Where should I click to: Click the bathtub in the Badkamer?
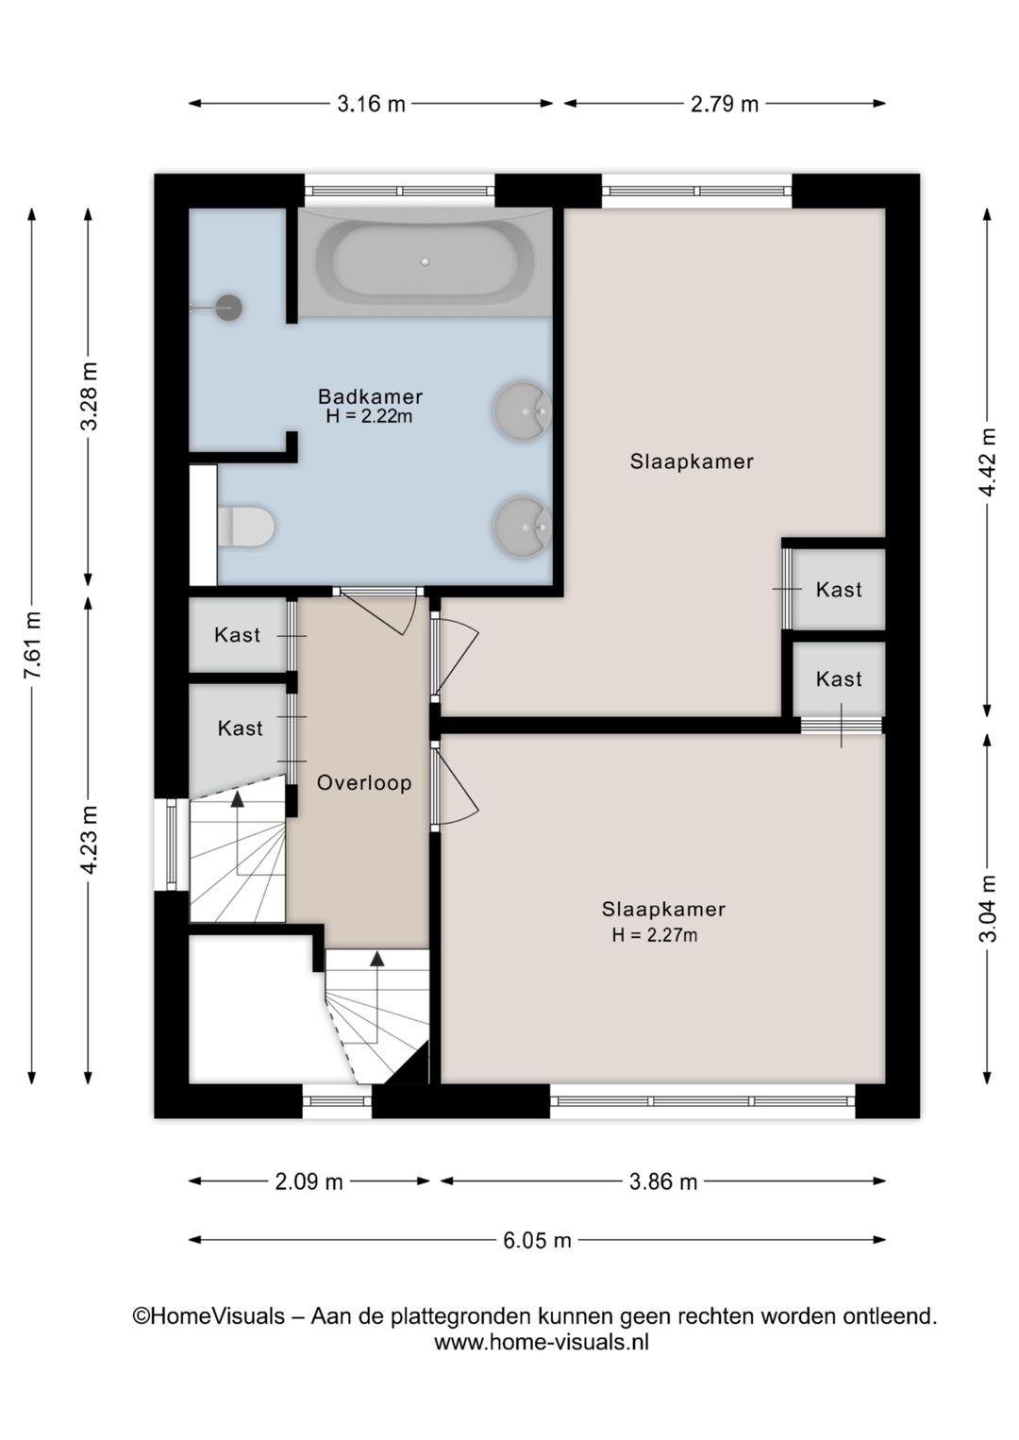click(425, 261)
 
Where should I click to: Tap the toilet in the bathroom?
click(245, 527)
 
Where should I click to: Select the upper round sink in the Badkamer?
click(522, 411)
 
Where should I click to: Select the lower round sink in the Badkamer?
click(522, 527)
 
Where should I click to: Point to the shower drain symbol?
click(227, 308)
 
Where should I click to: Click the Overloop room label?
click(364, 783)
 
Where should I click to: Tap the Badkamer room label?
click(370, 396)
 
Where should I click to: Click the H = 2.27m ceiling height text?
click(655, 935)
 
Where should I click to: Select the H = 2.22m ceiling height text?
click(369, 416)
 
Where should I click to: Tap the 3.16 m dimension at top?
click(371, 104)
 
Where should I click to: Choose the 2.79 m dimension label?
click(725, 104)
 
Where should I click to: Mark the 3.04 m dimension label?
click(988, 909)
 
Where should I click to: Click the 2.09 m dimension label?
click(309, 1181)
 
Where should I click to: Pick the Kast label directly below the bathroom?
click(237, 635)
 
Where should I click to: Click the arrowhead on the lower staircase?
click(376, 959)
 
